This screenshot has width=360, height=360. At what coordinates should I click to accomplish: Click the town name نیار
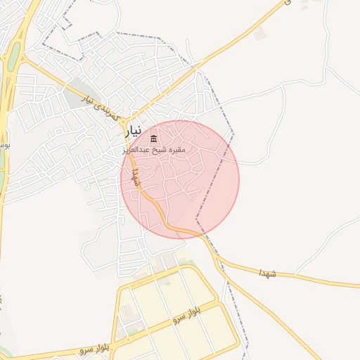coord(134,131)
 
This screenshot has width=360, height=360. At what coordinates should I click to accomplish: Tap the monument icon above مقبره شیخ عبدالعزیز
coord(154,137)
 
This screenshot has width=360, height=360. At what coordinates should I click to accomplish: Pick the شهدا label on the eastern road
coord(268,271)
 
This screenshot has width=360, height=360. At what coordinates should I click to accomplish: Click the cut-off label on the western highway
coord(5,146)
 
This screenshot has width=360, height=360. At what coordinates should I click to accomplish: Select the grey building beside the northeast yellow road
coord(261,33)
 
